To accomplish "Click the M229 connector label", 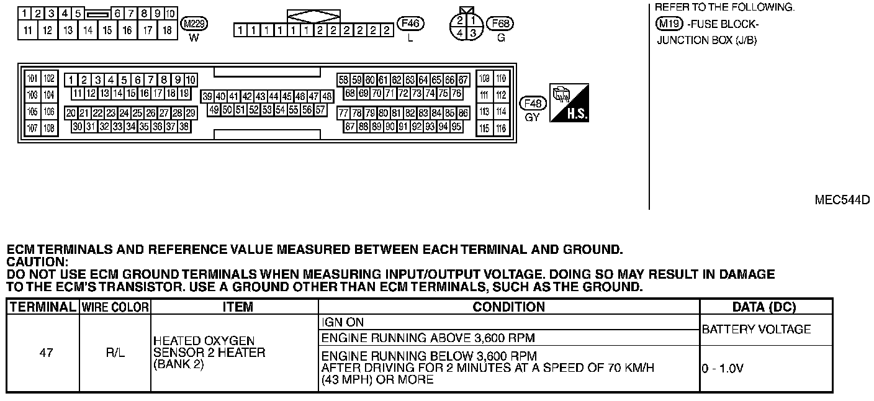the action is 194,24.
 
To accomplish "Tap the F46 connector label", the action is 410,24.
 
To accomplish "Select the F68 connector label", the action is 501,24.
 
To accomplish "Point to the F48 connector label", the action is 533,104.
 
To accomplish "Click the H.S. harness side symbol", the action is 569,102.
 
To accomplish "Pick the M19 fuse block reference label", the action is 669,24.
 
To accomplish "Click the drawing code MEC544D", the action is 842,200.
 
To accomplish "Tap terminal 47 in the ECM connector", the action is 314,97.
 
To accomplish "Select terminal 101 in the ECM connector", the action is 33,79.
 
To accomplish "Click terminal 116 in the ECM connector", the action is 502,128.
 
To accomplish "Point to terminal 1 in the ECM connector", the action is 71,80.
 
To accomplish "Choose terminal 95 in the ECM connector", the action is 457,127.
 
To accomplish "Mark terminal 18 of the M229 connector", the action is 167,30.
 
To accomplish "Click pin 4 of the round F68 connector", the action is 460,32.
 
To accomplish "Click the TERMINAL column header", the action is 43,307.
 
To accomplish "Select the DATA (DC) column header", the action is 765,307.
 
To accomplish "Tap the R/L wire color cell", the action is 115,353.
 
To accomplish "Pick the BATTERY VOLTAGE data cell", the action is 756,330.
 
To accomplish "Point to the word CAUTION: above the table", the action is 37,262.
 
